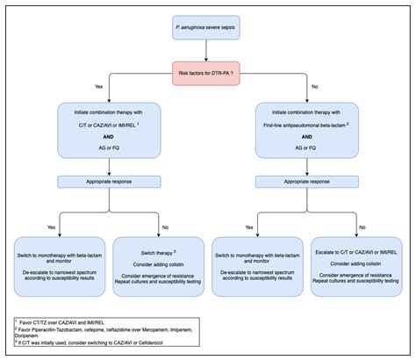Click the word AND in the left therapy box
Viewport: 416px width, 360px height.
coord(107,137)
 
